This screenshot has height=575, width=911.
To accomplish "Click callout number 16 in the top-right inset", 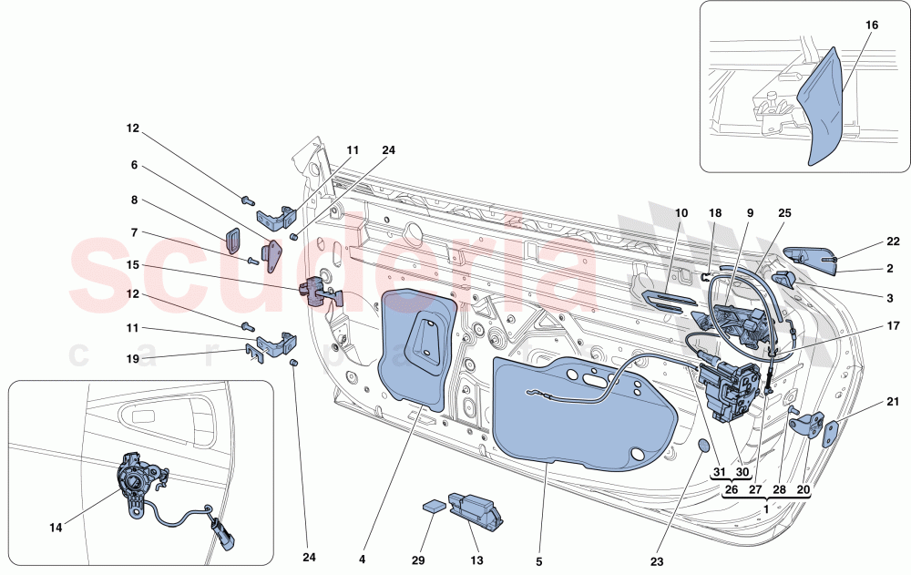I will pyautogui.click(x=871, y=26).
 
